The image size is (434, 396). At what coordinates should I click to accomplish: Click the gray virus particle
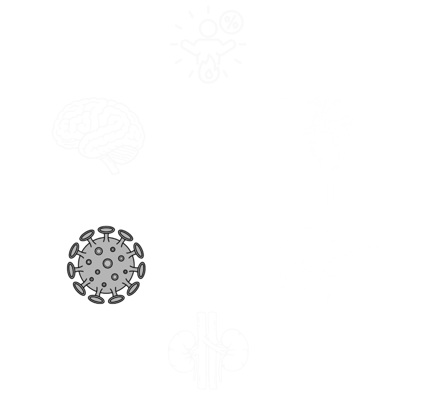106,266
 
